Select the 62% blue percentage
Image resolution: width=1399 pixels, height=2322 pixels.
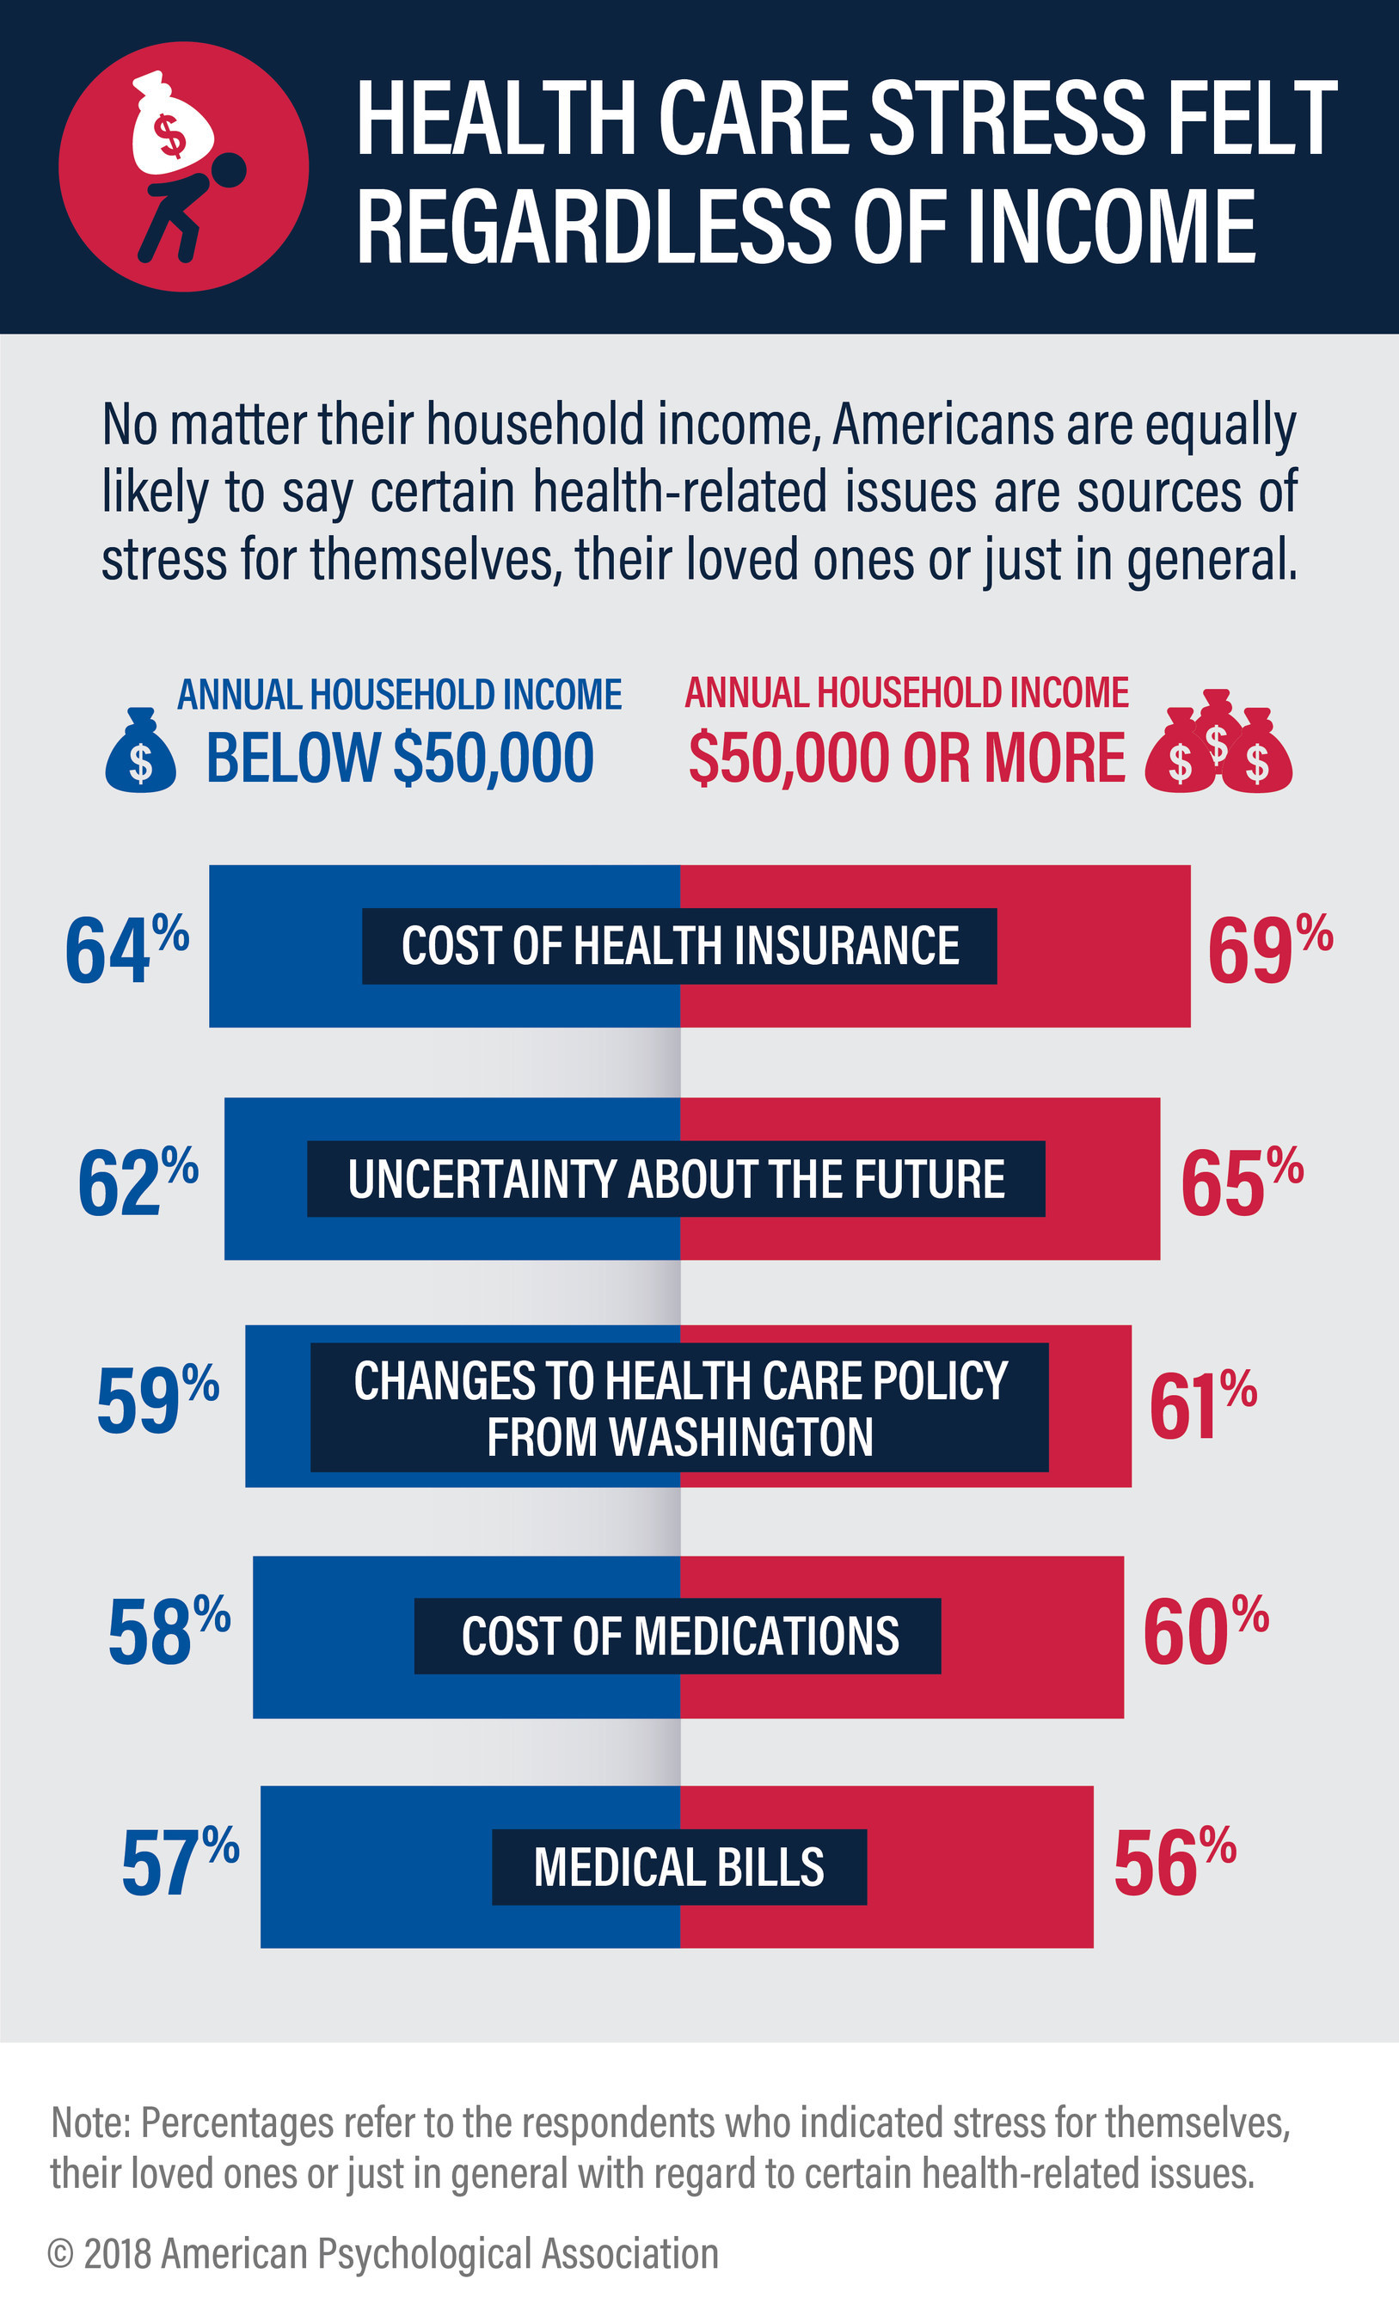(x=138, y=1182)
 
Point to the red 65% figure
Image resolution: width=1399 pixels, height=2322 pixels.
(x=1241, y=1182)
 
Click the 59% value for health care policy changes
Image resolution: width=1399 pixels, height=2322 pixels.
(x=156, y=1403)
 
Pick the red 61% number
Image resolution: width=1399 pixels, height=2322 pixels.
(x=1202, y=1405)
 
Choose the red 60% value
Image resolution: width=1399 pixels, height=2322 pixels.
(x=1204, y=1632)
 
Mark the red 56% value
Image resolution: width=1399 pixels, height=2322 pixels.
(x=1173, y=1863)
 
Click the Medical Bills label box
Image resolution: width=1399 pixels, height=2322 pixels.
(x=679, y=1867)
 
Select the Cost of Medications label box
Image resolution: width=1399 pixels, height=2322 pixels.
(x=678, y=1636)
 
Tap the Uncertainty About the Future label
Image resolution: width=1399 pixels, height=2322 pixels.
(x=676, y=1179)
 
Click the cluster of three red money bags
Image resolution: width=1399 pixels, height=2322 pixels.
(x=1219, y=745)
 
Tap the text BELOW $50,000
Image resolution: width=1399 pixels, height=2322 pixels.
(x=400, y=758)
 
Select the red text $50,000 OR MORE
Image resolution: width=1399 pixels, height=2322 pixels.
(x=906, y=758)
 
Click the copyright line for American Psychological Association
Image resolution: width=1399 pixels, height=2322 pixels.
(x=383, y=2253)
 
